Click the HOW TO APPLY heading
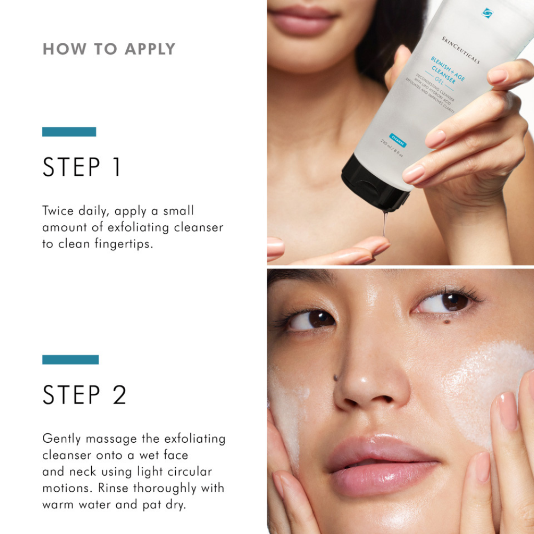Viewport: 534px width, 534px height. (108, 49)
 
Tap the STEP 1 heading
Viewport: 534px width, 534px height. (81, 167)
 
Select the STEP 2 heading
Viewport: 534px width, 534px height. (84, 395)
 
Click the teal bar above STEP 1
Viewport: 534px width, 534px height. (69, 131)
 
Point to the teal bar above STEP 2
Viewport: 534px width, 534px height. (70, 359)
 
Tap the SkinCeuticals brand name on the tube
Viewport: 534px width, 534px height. (460, 50)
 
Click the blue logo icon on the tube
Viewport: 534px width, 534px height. (488, 13)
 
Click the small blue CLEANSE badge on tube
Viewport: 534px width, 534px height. (397, 138)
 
